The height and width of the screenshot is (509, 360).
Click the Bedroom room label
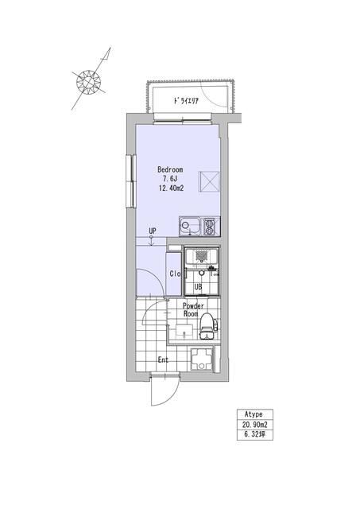[x=170, y=169]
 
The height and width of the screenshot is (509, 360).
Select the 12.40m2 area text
[x=171, y=188]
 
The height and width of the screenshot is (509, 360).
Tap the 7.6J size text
[x=169, y=179]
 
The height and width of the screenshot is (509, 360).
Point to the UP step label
[x=152, y=231]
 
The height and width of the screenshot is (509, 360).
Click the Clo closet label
[x=175, y=274]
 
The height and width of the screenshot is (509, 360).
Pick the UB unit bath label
[x=198, y=287]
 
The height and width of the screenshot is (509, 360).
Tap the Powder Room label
[x=193, y=309]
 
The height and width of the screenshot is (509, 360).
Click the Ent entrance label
[x=163, y=359]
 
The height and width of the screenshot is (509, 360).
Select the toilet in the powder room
[x=207, y=326]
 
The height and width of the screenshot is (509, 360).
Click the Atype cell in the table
[x=254, y=414]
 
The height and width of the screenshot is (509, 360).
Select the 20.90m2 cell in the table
[x=254, y=424]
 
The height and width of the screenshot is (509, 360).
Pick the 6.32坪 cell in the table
[x=254, y=435]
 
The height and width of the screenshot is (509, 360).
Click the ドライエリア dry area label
[x=185, y=101]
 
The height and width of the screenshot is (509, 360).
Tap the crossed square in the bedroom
[x=209, y=181]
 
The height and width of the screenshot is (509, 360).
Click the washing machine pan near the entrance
[x=202, y=359]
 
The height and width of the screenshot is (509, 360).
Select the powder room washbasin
[x=184, y=332]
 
